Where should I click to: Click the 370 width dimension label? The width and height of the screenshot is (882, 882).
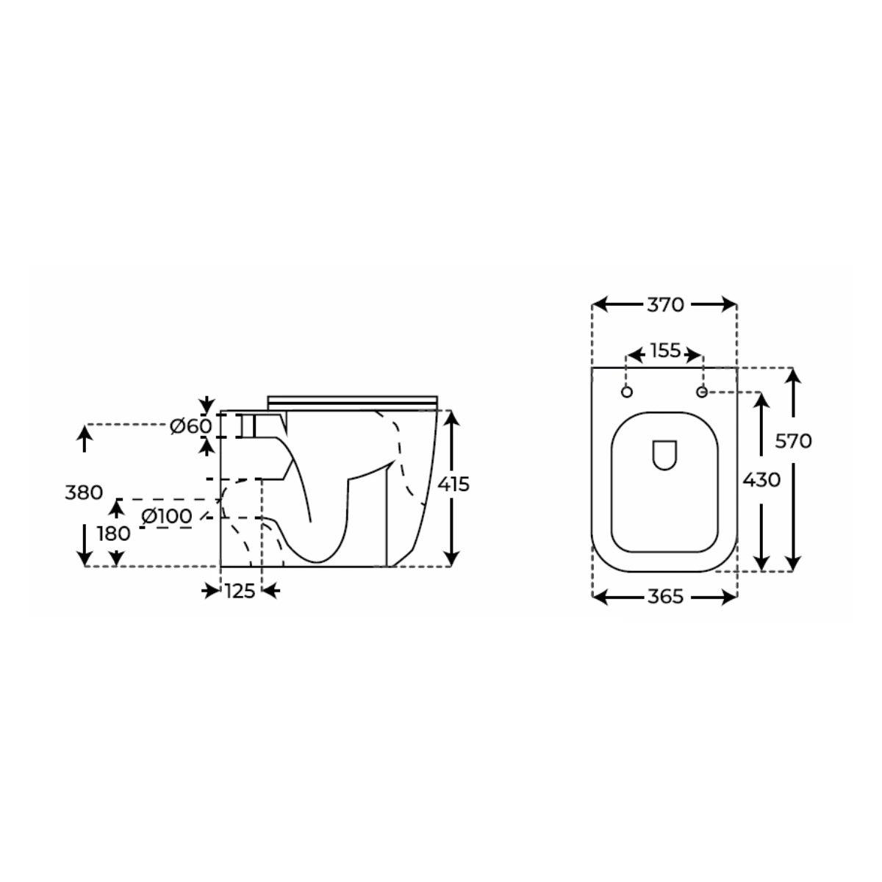[x=665, y=304]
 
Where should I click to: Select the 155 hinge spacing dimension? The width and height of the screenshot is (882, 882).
[x=664, y=351]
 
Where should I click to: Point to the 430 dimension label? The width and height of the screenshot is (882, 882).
[x=761, y=480]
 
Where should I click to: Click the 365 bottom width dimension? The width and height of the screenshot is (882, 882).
[x=665, y=598]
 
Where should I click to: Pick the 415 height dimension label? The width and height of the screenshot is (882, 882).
[x=453, y=484]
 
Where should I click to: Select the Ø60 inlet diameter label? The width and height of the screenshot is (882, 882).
[x=191, y=426]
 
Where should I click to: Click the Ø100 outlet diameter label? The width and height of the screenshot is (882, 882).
[x=166, y=516]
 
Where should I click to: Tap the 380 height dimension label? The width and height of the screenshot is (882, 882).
[x=84, y=492]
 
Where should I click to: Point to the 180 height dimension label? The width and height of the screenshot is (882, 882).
[x=113, y=534]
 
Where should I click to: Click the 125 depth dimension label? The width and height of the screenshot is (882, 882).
[x=240, y=590]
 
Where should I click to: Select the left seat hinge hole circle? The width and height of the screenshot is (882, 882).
[x=627, y=392]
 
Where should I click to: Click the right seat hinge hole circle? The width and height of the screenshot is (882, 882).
[x=702, y=392]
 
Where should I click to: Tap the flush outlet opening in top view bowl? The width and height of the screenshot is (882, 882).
[x=664, y=454]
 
